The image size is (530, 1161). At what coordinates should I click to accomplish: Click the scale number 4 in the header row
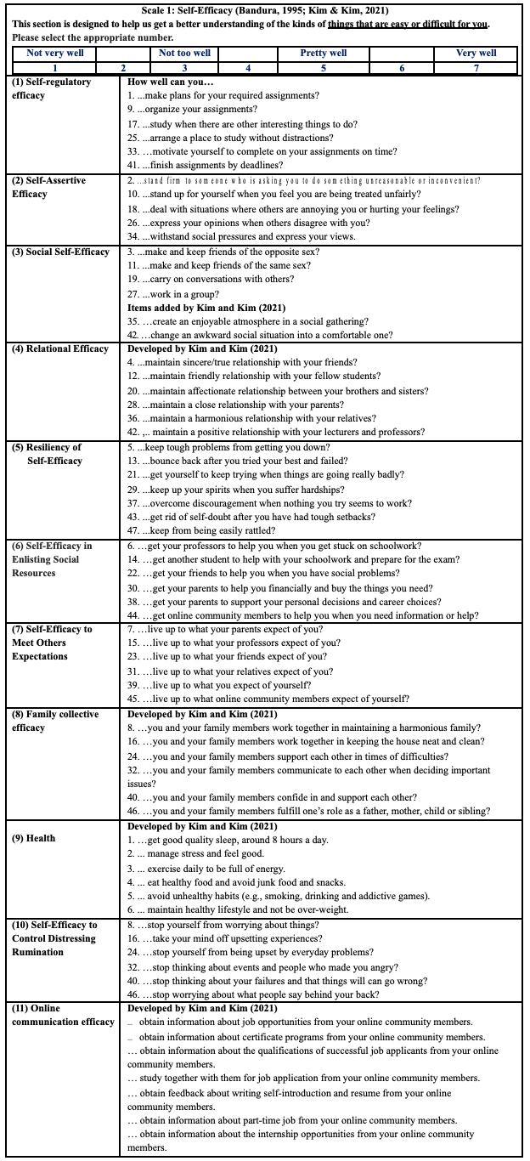pyautogui.click(x=247, y=68)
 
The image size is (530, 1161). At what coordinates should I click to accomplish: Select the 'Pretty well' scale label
pyautogui.click(x=324, y=53)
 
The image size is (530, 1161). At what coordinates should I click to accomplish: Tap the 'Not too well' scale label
pyautogui.click(x=184, y=53)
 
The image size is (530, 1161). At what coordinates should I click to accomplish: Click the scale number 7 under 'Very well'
pyautogui.click(x=476, y=68)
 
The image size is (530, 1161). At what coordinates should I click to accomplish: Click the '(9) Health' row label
pyautogui.click(x=34, y=838)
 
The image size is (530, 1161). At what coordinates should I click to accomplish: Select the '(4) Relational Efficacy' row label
pyautogui.click(x=60, y=348)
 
